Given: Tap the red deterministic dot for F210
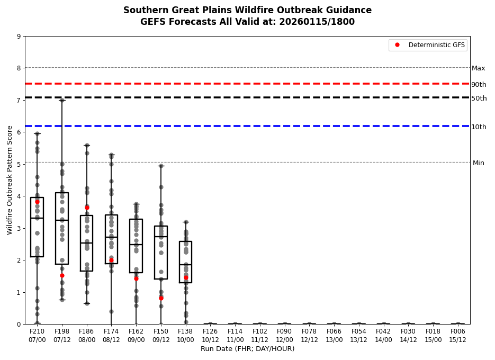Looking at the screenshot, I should pos(37,202).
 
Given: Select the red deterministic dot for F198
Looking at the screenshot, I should pos(62,275).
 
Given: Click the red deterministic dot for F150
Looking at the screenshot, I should pos(161,298).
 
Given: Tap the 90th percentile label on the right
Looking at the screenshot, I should pos(479,85).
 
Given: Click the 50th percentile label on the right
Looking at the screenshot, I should pos(479,98).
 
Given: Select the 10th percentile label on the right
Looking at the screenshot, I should pos(479,127).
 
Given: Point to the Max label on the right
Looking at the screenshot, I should pos(478,68).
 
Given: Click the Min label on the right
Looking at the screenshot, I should pos(478,163).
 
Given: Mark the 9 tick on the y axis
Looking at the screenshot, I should pos(19,37).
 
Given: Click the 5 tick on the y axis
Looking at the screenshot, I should pos(19,164).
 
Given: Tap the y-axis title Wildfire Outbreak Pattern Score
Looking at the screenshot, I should pos(10,180).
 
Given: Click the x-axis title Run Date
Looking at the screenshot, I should pos(247,349).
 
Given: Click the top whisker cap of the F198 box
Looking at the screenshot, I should pos(62,100).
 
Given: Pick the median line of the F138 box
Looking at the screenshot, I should pos(185,265).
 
